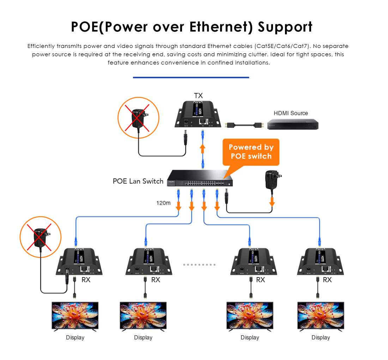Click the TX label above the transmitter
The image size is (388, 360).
tap(198, 96)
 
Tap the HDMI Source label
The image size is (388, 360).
tap(291, 113)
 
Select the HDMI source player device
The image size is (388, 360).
tap(292, 124)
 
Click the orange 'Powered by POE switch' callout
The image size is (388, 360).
tap(251, 152)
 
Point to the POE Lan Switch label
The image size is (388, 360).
tap(138, 181)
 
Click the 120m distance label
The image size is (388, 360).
tap(163, 203)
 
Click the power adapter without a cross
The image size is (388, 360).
tap(273, 180)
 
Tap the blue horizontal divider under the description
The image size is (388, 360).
tap(191, 77)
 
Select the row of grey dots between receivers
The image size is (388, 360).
tap(199, 264)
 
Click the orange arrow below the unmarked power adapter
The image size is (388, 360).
tap(272, 202)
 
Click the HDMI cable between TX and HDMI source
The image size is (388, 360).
tap(243, 125)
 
